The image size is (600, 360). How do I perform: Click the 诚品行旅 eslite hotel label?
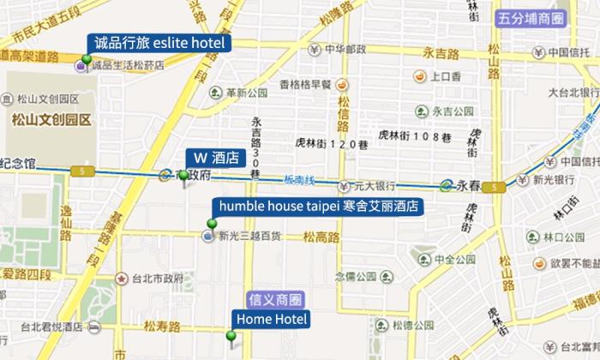click(x=159, y=43)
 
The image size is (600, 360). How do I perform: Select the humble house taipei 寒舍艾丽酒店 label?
click(x=319, y=207)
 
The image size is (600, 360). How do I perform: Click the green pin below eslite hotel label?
click(x=86, y=60)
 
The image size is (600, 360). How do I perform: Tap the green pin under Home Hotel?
click(x=231, y=336)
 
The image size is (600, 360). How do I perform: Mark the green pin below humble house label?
click(x=212, y=225)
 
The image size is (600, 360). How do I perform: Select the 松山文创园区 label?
click(x=39, y=120)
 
